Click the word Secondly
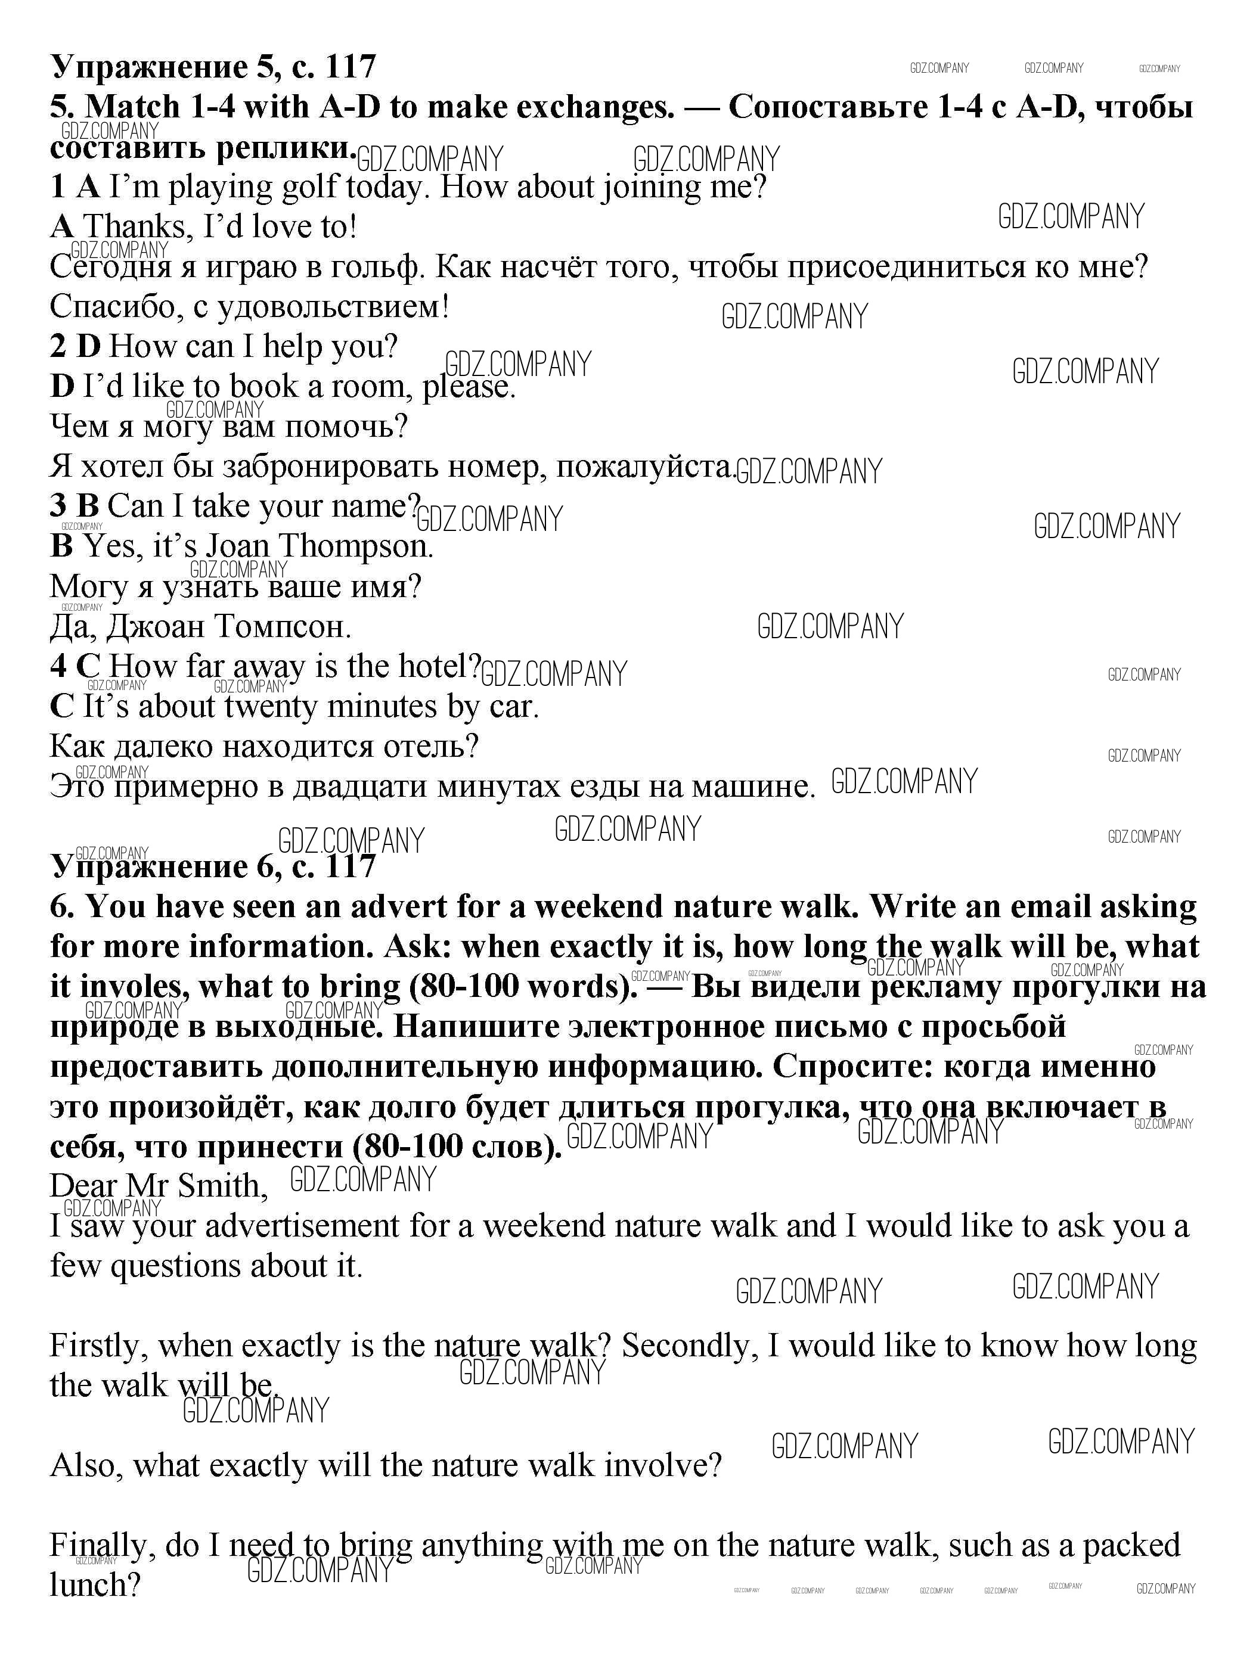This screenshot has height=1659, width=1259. coord(686,1346)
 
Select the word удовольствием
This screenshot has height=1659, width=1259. coord(333,307)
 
